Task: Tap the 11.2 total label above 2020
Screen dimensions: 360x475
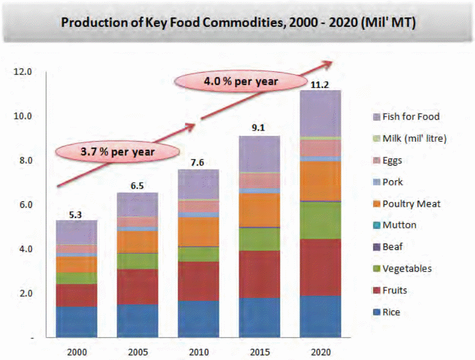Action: click(x=320, y=85)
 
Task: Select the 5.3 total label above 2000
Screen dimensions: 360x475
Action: click(x=75, y=215)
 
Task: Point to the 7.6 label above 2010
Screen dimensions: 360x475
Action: click(x=198, y=164)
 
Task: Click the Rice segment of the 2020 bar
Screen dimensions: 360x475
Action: click(x=320, y=316)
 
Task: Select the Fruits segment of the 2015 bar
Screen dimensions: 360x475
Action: click(x=259, y=274)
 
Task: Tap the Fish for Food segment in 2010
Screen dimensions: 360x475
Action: click(x=198, y=184)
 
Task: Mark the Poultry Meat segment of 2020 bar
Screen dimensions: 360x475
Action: click(x=320, y=180)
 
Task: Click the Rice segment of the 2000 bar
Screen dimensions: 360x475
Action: click(x=75, y=321)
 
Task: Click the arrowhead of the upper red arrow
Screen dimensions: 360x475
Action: click(x=329, y=63)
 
